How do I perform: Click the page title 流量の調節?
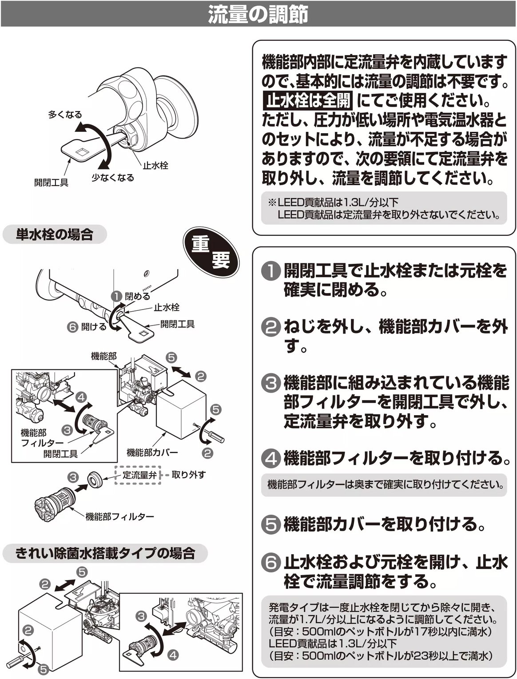258,14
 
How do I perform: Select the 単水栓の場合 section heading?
54,234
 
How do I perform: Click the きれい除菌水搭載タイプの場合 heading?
105,553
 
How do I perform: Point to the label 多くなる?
65,115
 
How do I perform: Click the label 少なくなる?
113,178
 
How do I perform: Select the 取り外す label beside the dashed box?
188,475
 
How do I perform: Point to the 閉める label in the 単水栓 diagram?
137,296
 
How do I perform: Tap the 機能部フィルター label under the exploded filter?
119,516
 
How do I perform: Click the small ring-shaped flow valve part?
95,479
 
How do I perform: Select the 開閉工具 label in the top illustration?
52,183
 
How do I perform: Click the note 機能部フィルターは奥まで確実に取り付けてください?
385,484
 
